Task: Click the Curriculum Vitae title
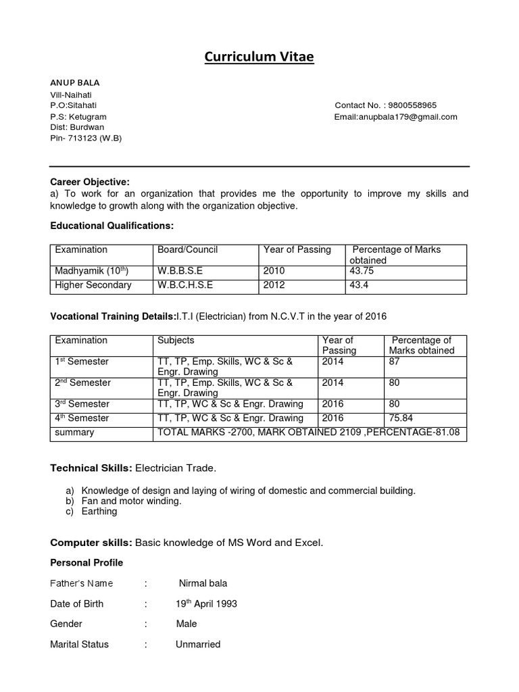[x=259, y=57]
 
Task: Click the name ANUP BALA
[x=75, y=82]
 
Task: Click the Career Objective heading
[x=90, y=182]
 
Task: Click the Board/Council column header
[x=188, y=250]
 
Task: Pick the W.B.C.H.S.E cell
[x=185, y=285]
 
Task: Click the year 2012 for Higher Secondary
[x=274, y=285]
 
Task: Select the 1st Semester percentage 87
[x=394, y=362]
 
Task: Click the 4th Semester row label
[x=82, y=418]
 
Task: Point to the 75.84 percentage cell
[x=400, y=418]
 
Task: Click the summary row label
[x=74, y=432]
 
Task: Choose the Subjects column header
[x=176, y=341]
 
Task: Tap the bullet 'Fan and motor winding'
[x=131, y=501]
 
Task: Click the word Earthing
[x=99, y=512]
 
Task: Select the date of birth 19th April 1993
[x=206, y=604]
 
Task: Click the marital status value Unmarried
[x=198, y=645]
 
